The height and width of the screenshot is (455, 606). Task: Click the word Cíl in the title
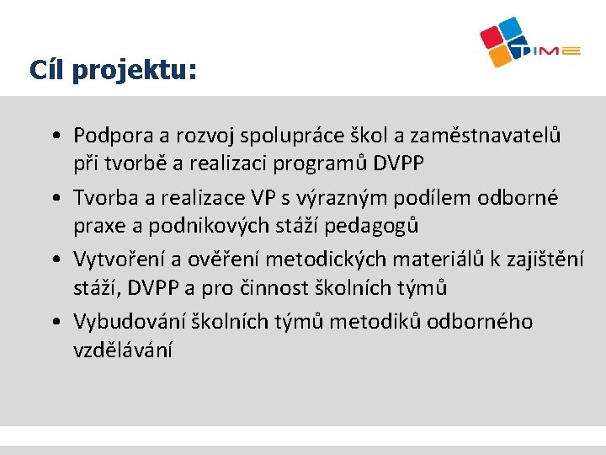click(x=46, y=69)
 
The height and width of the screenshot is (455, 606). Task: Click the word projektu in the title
click(x=134, y=71)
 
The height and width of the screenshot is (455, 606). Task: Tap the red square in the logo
click(x=492, y=35)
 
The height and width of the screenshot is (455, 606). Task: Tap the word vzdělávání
click(x=123, y=350)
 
